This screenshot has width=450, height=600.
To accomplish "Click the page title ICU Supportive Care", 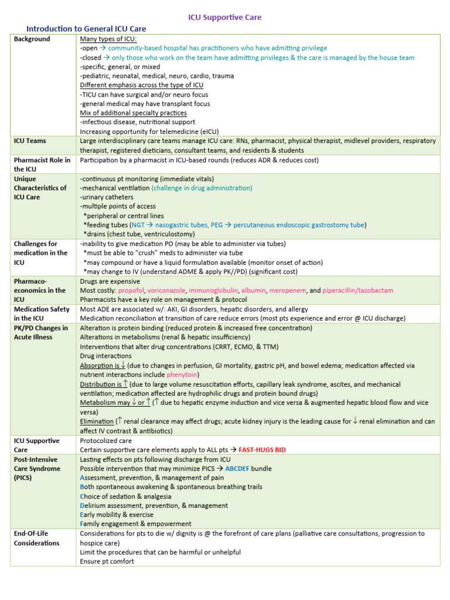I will point(225,18).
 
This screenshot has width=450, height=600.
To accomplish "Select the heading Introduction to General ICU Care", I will point(86,29).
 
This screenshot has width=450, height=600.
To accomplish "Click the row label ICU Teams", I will point(30,141).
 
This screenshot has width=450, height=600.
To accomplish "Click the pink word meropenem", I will point(288,291).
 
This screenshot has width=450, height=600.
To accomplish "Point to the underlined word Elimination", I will point(97,421).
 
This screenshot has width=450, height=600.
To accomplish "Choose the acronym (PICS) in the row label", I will point(25,478).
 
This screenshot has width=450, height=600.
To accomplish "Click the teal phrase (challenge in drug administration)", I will point(202,188).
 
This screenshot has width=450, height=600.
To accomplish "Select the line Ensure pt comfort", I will point(107,561).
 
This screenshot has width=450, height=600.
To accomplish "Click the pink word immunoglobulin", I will point(214,291).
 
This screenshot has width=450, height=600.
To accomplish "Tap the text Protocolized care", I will point(106,441).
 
